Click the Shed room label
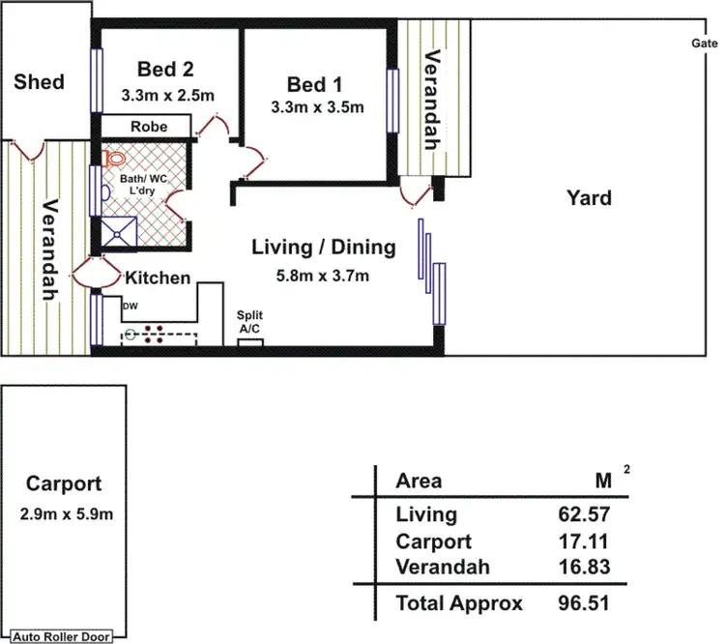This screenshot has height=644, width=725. click(39, 82)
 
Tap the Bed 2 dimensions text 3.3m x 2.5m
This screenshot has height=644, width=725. click(168, 96)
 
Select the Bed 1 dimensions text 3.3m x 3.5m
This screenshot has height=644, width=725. click(317, 107)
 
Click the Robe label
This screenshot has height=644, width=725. click(149, 127)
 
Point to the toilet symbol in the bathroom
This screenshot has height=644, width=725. click(115, 159)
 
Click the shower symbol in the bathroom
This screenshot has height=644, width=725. click(119, 234)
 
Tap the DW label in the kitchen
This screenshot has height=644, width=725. click(130, 306)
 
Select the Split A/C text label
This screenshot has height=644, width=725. click(249, 322)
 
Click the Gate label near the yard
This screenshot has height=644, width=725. click(705, 43)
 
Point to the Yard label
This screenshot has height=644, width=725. click(589, 197)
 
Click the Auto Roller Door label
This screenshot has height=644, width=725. click(61, 636)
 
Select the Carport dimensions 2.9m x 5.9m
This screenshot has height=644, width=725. click(66, 514)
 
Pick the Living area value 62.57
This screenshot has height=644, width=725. click(584, 514)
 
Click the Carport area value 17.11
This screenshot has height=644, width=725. click(583, 542)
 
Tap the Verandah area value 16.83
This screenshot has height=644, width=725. click(584, 567)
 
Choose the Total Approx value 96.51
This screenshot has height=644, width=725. click(584, 602)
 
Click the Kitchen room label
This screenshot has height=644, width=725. click(158, 278)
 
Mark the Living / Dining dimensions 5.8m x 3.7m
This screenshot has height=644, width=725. click(322, 276)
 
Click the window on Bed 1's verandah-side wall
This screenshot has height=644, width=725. click(392, 101)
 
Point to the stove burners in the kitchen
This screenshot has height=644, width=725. click(154, 335)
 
